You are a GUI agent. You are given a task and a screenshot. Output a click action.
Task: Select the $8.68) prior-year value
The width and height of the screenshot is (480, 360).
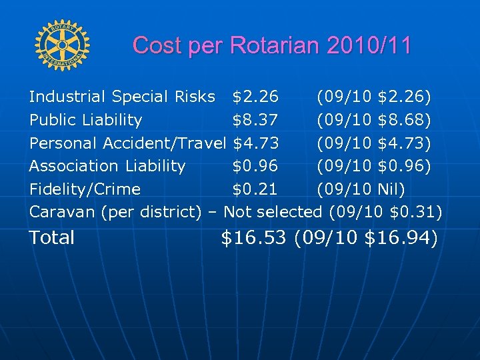[404, 120]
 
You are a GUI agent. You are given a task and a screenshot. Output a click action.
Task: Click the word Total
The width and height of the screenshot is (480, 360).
[52, 237]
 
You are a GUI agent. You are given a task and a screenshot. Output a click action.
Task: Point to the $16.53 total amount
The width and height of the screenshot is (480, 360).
[253, 237]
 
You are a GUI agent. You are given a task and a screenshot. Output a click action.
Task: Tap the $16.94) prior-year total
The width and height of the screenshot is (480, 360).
[401, 237]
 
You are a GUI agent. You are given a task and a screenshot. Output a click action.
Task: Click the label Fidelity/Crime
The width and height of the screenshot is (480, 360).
[85, 189]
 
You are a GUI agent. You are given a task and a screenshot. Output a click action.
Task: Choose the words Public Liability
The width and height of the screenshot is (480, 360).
[85, 120]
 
